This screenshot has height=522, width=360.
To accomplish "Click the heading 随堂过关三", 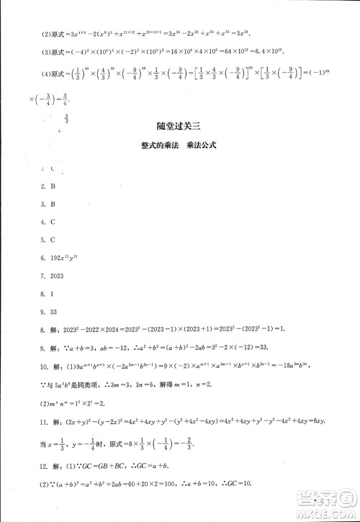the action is tap(179, 123).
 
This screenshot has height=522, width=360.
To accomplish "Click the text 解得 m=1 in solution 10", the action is tap(164, 382).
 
